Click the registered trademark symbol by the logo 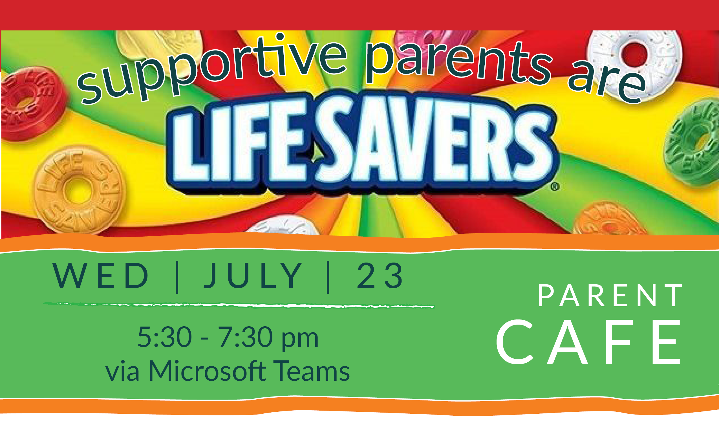(x=554, y=187)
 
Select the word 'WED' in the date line (x=100, y=276)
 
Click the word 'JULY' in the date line (x=253, y=276)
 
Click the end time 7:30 (x=245, y=337)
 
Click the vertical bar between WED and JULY (x=177, y=277)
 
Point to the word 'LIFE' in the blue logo (x=240, y=146)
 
